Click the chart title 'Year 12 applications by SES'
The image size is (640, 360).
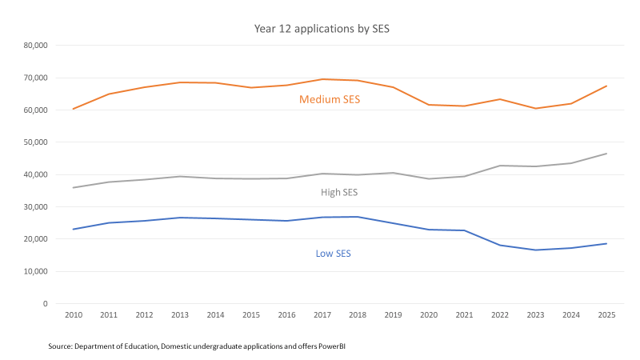(x=321, y=29)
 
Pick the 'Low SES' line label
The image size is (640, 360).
(x=334, y=254)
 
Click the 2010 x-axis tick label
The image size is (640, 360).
(x=73, y=317)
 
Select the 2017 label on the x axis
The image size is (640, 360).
(x=323, y=317)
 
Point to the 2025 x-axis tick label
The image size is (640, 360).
(x=606, y=317)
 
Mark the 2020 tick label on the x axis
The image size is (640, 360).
(x=429, y=317)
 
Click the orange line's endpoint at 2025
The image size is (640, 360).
(x=606, y=86)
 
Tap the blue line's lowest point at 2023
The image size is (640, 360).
(x=535, y=250)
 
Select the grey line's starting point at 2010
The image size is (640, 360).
(x=73, y=188)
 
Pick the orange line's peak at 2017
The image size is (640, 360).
(x=323, y=78)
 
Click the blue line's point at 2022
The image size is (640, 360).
(x=500, y=245)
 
